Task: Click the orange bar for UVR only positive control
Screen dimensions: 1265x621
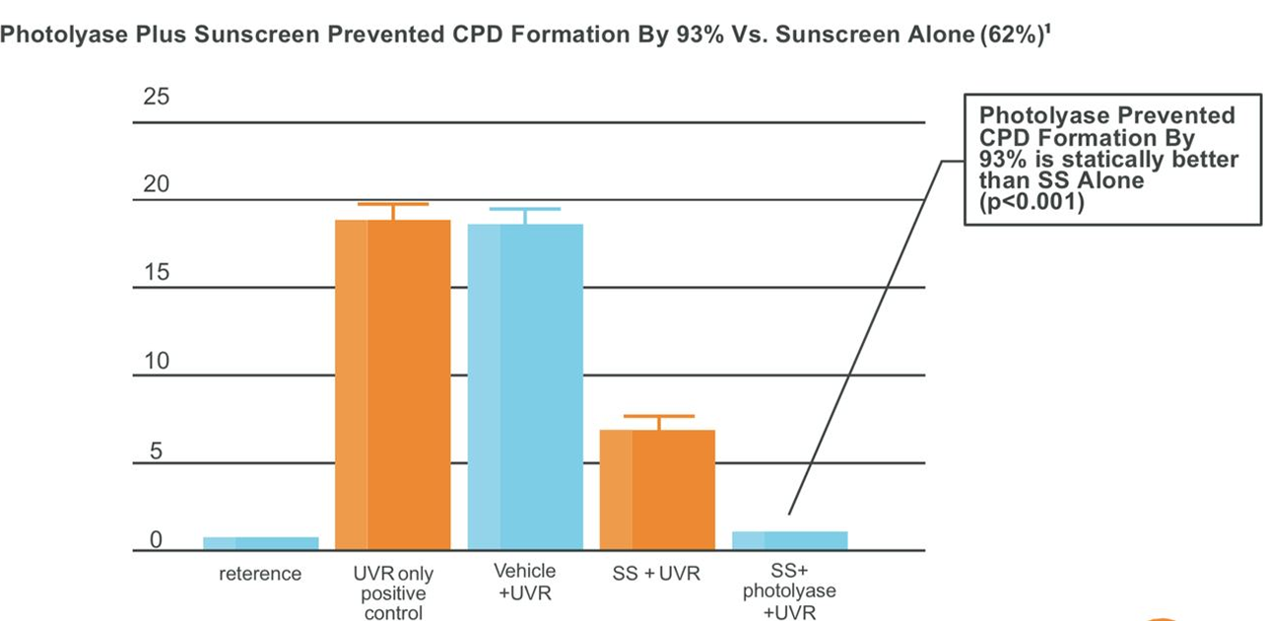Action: (393, 384)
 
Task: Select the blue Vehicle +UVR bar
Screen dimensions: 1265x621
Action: (525, 386)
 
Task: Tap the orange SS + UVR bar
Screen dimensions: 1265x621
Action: (657, 489)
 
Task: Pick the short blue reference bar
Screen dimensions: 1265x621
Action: (261, 543)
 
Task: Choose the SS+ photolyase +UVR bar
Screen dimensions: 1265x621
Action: (790, 540)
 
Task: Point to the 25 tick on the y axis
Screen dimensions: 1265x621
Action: (156, 97)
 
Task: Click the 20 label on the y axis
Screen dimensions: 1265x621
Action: (156, 184)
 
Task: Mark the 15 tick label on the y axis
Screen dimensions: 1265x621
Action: (157, 272)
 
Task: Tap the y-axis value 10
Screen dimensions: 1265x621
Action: (157, 361)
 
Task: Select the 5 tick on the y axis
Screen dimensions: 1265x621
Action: (156, 450)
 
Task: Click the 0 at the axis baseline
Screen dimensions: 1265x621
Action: (156, 539)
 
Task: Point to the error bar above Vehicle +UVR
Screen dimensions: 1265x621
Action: (525, 216)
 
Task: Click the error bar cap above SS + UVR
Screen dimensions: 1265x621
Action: (659, 416)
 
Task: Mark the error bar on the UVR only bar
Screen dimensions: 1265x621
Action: (393, 211)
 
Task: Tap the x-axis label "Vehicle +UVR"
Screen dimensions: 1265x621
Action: (525, 582)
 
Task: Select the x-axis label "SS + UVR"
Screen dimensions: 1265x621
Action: (656, 574)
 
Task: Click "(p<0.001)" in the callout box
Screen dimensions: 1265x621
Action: (1032, 202)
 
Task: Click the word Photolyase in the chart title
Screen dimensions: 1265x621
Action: (64, 34)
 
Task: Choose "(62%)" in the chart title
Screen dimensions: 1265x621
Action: (1011, 34)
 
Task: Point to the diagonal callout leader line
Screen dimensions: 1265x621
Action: (865, 338)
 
